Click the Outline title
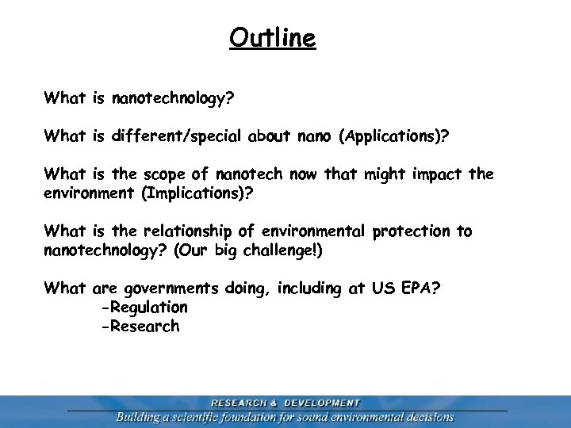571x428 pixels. point(272,37)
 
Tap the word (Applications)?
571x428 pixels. point(393,136)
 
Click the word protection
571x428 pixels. point(411,231)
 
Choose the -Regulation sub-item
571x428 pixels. point(144,308)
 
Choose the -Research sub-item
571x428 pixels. point(140,327)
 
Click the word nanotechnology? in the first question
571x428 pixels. point(174,98)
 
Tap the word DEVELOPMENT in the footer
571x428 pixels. point(322,403)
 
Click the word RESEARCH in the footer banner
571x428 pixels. point(239,403)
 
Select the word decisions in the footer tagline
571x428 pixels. point(427,417)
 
